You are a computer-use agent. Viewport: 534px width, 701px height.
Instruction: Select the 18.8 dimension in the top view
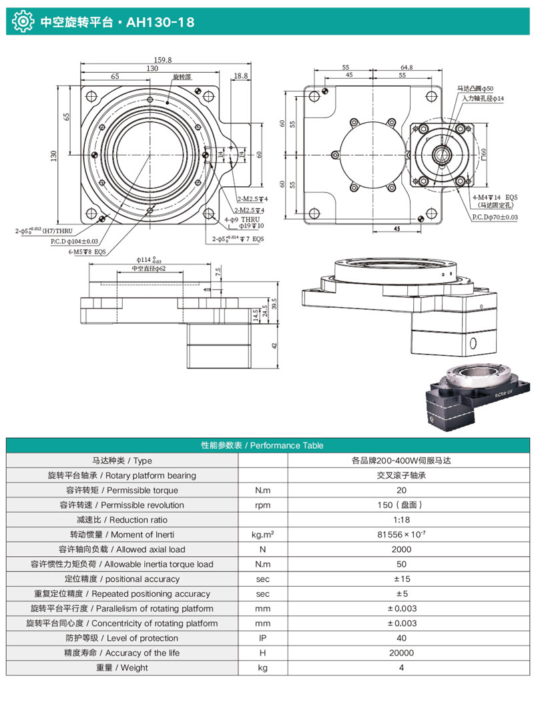(241, 76)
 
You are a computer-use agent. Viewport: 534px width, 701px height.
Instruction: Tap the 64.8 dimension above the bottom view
(407, 67)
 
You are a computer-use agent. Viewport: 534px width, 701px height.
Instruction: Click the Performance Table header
(267, 445)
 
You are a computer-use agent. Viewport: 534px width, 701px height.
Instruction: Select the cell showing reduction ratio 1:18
(403, 519)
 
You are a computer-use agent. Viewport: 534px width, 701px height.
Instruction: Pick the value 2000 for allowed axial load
(403, 549)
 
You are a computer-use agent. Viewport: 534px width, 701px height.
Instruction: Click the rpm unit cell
(262, 505)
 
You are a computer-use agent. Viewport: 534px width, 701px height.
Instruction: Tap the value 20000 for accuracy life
(403, 652)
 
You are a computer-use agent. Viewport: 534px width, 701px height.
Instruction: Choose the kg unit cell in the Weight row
(262, 667)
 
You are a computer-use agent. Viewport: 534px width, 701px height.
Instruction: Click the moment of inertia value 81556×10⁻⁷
(403, 534)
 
